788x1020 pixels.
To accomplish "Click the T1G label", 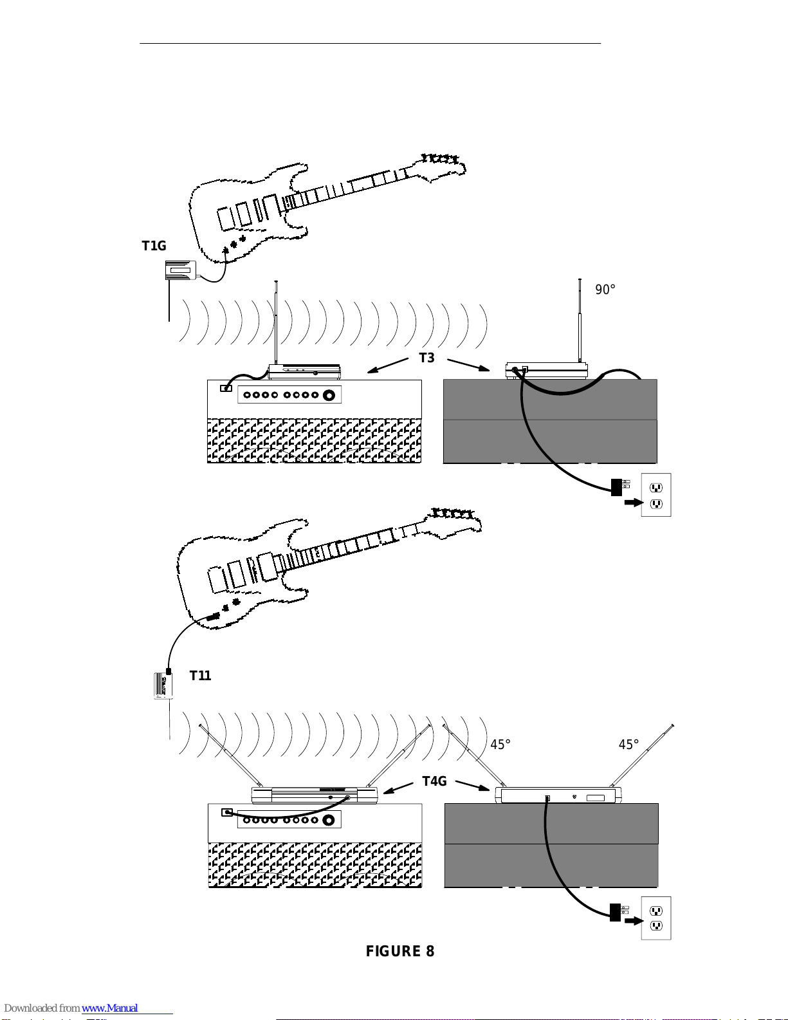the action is tap(154, 245).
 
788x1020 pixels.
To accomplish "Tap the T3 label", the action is tap(426, 358).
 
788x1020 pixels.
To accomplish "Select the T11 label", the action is tap(200, 676).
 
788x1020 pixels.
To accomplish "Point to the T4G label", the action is tap(434, 781).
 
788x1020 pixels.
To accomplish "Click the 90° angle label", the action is tap(605, 290).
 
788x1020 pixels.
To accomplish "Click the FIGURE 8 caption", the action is tap(400, 951).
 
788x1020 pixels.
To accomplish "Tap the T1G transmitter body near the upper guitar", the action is tap(180, 270).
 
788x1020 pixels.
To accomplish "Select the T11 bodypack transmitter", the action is tap(163, 686).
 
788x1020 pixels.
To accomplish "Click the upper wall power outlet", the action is tap(656, 495).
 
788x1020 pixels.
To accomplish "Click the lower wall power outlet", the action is tap(656, 918).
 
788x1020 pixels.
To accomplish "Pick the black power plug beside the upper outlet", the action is tap(616, 487).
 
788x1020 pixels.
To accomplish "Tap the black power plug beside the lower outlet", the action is tap(616, 913).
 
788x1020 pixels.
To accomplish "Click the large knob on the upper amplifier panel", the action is tap(329, 395).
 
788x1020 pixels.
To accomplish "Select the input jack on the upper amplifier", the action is tap(226, 388).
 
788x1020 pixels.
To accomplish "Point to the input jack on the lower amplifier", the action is tap(227, 812).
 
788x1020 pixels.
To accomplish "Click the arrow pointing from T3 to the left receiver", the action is tap(387, 366).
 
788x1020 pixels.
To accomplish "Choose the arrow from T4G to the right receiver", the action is tap(473, 785).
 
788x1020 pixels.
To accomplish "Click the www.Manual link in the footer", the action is tap(110, 1008).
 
